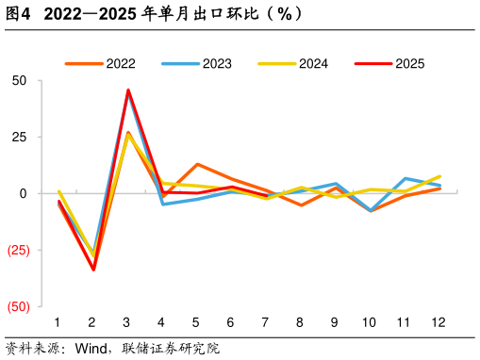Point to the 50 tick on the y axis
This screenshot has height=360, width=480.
20,81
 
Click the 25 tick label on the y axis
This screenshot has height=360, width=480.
20,138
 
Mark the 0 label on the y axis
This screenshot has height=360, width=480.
24,194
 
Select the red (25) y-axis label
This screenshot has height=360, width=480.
18,251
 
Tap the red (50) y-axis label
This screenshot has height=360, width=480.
18,307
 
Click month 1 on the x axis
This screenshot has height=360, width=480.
58,321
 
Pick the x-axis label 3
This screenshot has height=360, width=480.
126,321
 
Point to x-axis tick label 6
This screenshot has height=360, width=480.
230,321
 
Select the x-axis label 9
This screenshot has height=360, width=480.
334,321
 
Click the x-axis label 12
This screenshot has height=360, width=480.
438,321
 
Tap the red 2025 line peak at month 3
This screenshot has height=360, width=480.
128,90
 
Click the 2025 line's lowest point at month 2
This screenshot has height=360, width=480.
92,270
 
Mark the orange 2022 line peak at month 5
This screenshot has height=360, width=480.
197,164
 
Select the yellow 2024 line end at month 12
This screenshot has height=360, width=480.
439,176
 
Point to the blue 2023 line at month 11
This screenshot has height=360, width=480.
406,178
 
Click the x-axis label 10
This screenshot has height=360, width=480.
369,321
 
